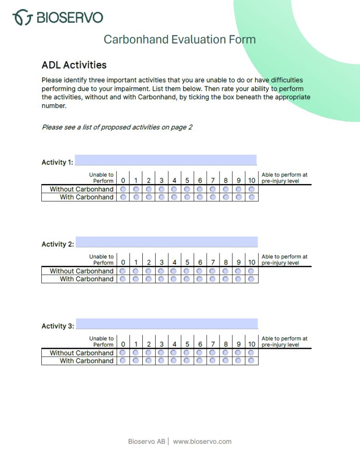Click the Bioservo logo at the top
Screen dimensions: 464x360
57,17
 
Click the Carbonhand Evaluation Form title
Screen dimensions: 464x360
180,39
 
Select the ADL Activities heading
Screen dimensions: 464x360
74,65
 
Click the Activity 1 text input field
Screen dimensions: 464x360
166,160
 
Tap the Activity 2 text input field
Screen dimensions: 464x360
166,242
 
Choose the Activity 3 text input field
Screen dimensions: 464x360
167,324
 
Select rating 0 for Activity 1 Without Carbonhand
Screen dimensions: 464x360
123,189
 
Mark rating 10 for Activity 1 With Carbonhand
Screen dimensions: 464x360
252,197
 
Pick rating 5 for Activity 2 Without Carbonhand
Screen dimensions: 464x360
187,271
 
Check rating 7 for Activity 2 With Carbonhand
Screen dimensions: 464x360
213,279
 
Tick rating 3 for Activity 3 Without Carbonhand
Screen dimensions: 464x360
161,353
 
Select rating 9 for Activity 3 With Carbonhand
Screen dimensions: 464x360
238,361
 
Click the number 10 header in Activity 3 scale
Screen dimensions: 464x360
252,344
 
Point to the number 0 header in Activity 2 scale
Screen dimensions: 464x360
123,263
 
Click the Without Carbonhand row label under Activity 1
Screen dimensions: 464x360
81,189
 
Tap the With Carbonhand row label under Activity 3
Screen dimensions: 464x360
86,361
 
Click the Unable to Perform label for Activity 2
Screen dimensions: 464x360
101,260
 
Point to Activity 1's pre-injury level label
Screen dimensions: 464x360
284,178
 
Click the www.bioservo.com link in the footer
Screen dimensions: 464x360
202,442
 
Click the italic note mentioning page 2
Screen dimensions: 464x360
117,127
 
